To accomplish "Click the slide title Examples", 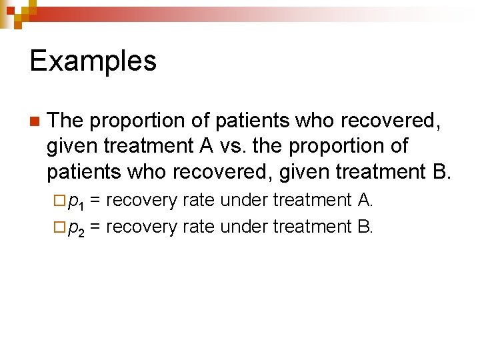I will point(93,61).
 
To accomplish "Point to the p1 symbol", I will point(76,201).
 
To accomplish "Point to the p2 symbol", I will point(76,227).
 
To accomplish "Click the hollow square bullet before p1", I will point(60,201).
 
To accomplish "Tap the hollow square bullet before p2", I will point(60,227).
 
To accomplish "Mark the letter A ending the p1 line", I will point(364,200).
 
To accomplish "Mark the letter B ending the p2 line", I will point(364,227).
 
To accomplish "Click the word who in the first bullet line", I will point(315,121).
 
